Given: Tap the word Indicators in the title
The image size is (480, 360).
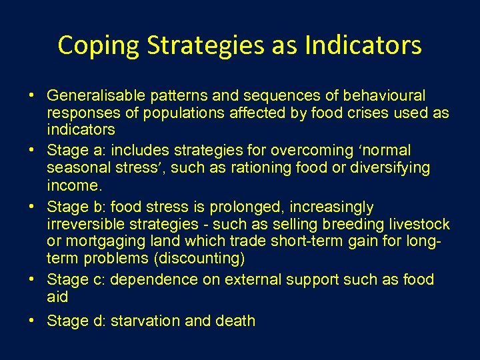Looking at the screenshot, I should click(364, 46).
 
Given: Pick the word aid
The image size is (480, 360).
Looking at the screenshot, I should click(58, 296).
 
